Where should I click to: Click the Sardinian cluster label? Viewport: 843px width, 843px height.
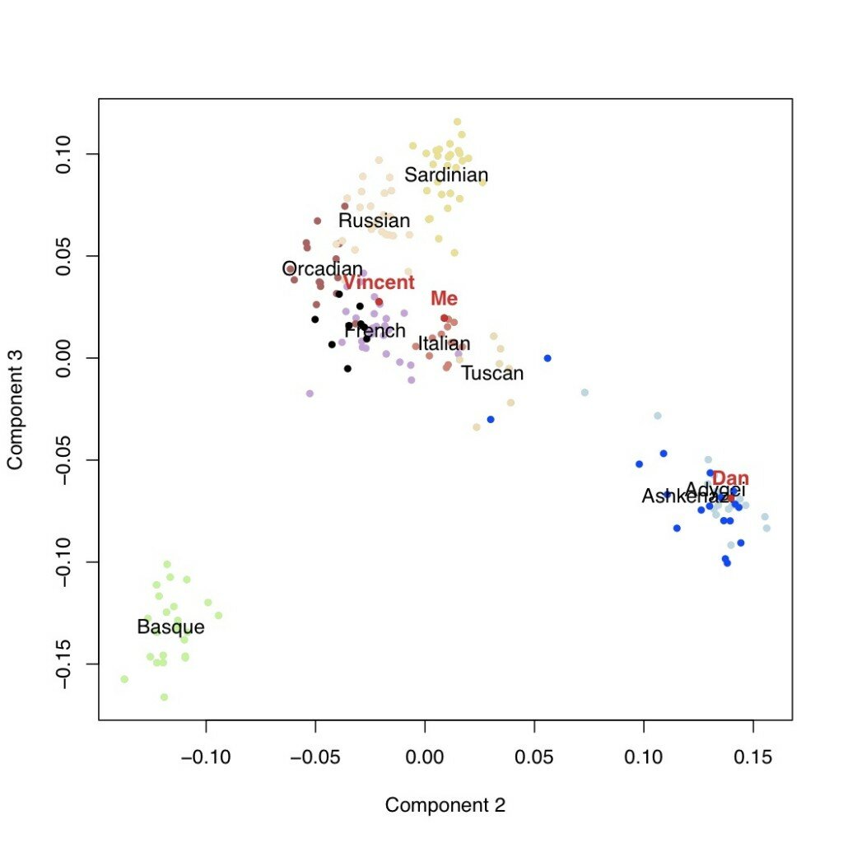pos(446,175)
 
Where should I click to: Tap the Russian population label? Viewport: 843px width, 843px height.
pos(374,221)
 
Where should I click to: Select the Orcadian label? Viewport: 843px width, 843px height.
pos(322,269)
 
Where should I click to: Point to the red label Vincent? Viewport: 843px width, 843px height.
pos(379,283)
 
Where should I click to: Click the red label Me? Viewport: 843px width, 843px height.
pos(444,299)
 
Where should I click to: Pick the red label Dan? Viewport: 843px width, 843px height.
pos(730,479)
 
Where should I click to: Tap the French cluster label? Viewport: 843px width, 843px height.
pos(375,331)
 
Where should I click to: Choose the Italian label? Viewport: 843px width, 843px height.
pos(445,343)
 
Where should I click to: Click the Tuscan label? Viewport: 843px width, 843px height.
pos(492,373)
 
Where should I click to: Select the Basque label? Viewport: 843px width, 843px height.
pos(170,627)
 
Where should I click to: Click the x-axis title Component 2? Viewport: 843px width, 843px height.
pos(445,805)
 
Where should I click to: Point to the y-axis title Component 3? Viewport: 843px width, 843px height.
pos(15,408)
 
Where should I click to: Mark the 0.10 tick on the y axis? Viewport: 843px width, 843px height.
pos(64,154)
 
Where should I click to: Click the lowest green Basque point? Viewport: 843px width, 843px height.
pos(164,697)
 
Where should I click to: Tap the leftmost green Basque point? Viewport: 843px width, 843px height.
pos(124,679)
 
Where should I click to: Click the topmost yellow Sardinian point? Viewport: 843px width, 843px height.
pos(457,122)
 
